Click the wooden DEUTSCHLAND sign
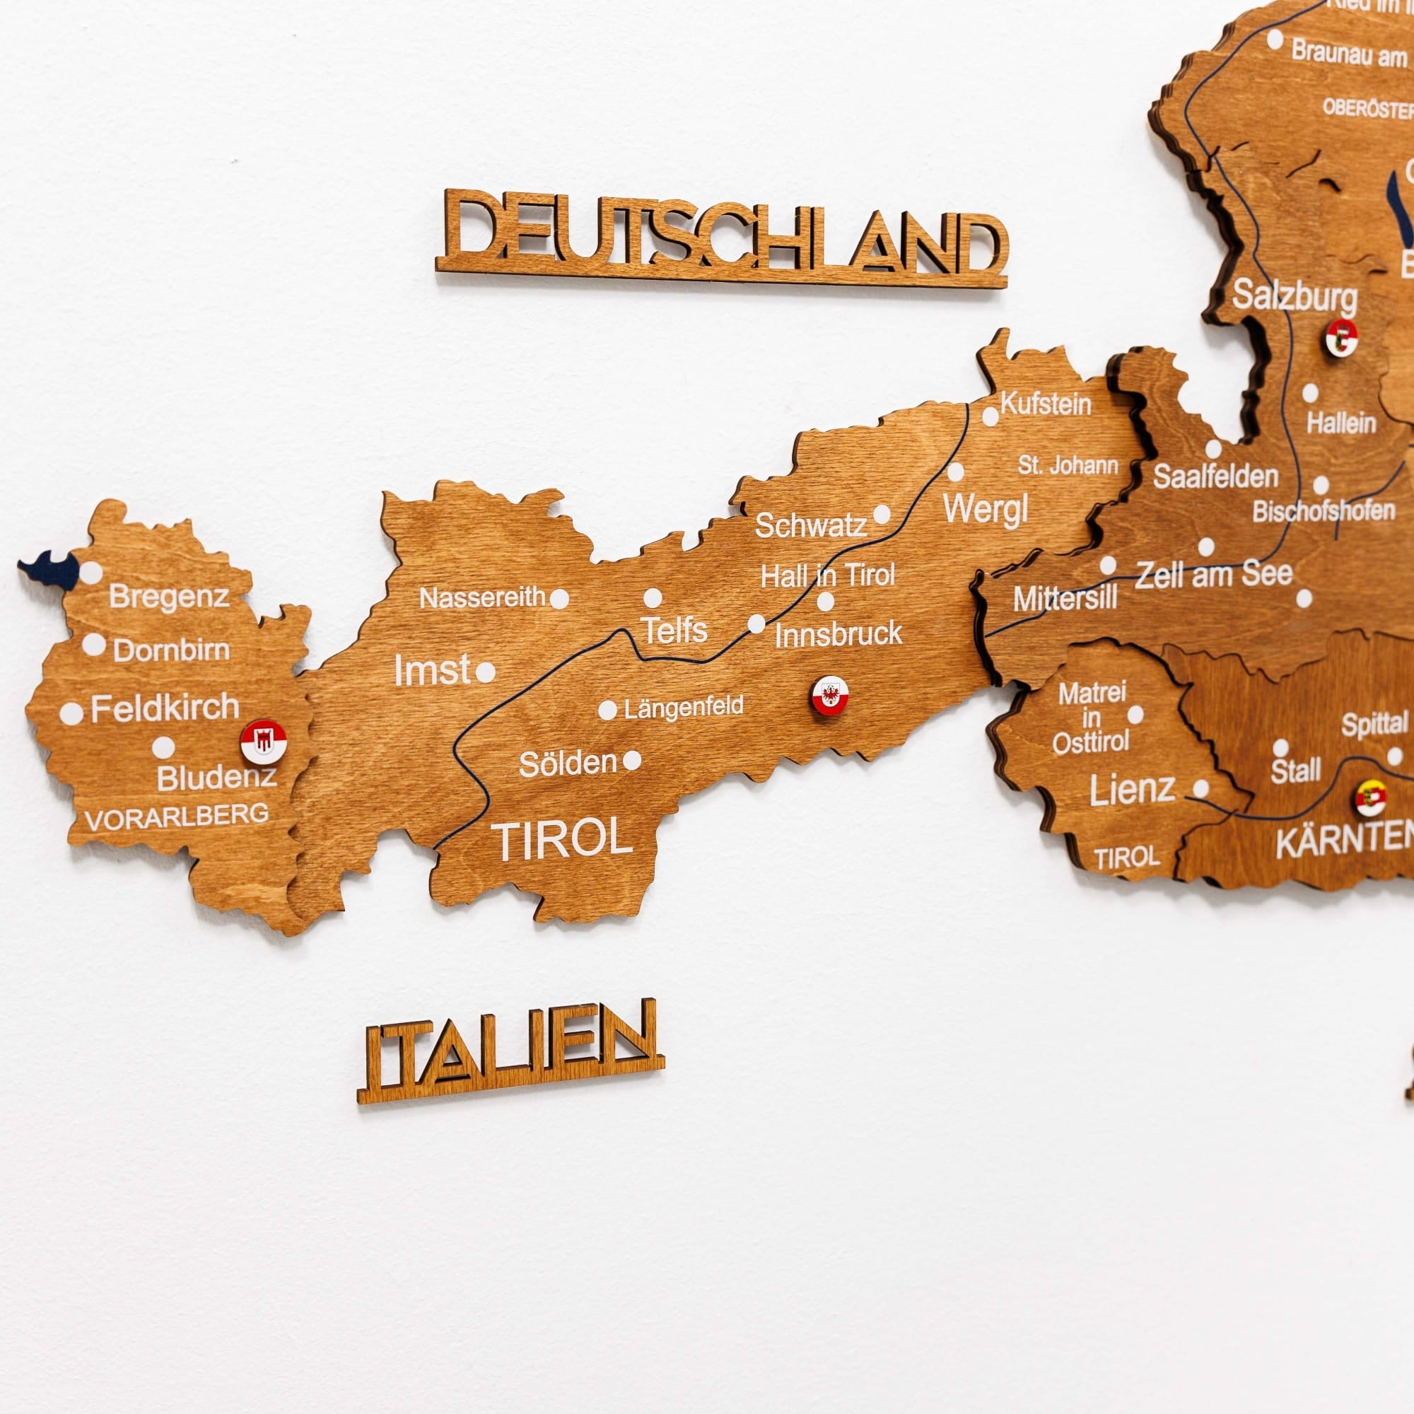click(723, 235)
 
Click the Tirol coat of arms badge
click(830, 695)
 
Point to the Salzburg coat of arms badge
click(1342, 337)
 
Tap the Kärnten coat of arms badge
click(1371, 797)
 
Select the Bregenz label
click(169, 597)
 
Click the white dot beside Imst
click(485, 672)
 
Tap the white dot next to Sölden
click(632, 761)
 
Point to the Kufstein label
click(1045, 403)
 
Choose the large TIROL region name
click(563, 839)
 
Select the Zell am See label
click(1213, 574)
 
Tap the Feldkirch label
click(165, 708)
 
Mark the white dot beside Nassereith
click(559, 600)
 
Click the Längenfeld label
click(684, 707)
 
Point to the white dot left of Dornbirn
click(94, 645)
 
